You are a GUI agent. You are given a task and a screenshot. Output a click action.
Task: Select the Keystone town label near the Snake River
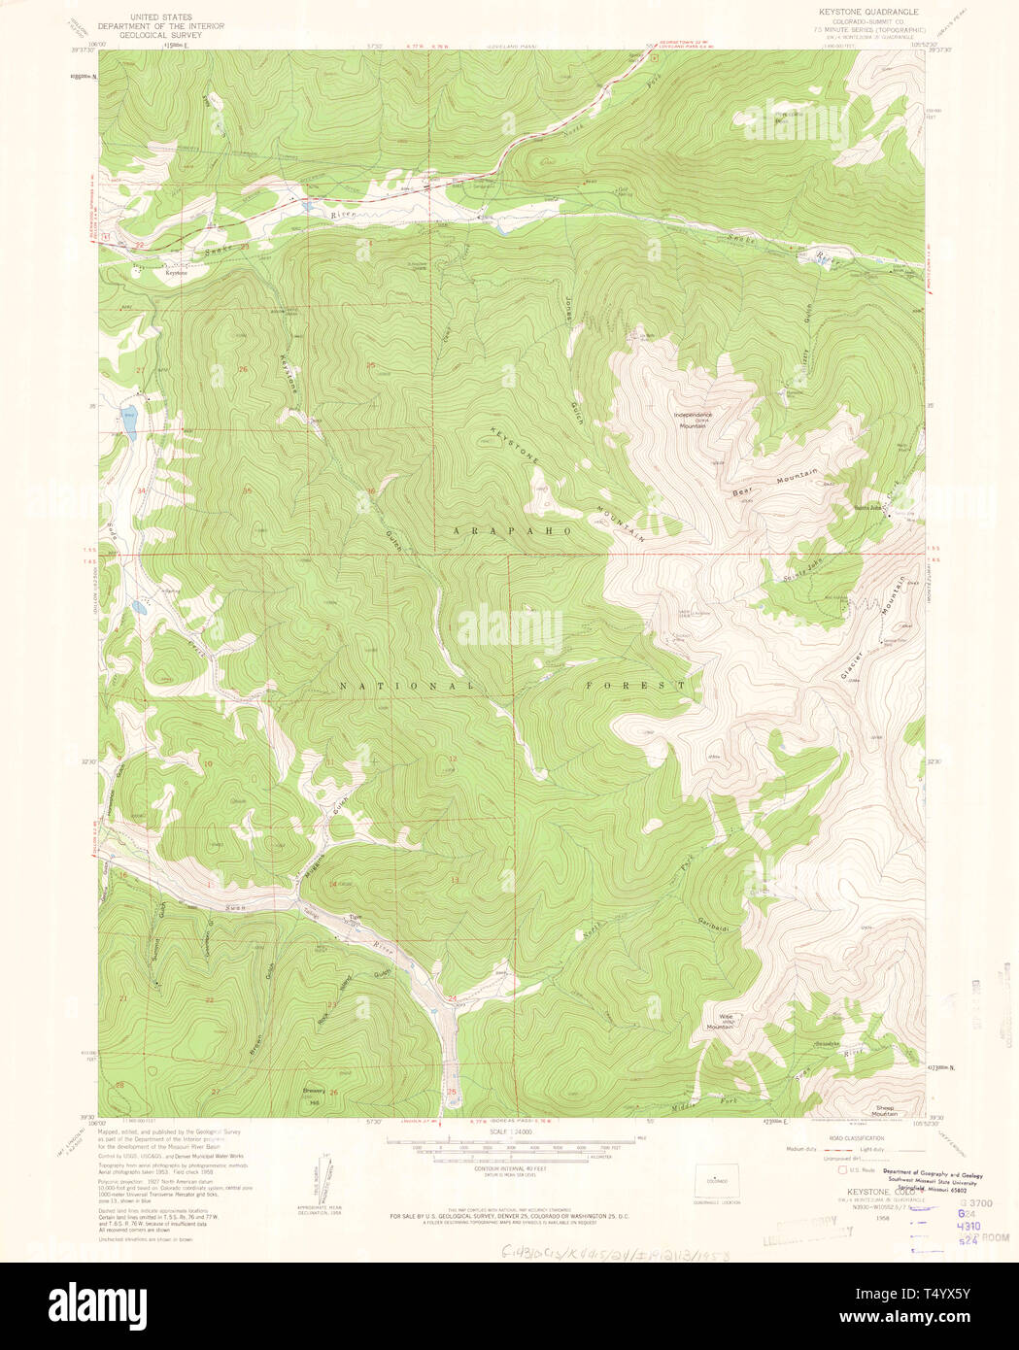pos(176,273)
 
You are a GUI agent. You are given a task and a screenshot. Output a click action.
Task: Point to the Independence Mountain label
pos(694,420)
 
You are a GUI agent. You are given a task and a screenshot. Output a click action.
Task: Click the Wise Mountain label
pos(720,1021)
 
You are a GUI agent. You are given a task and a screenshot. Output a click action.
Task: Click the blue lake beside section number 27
pos(129,419)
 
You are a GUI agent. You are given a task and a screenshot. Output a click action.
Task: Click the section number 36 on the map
pos(370,491)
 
